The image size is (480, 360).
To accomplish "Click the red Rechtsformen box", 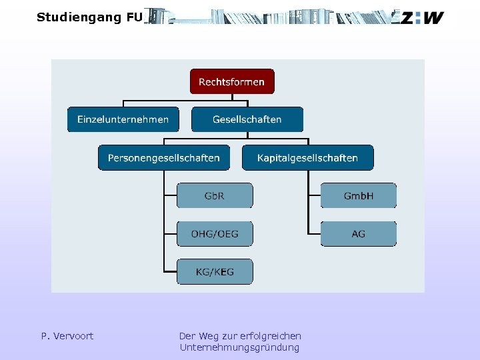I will pos(232,82).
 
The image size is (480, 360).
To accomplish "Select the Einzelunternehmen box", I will pos(123,120).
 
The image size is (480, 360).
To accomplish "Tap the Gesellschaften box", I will pos(247,120).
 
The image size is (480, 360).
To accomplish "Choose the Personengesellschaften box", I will pos(164,158).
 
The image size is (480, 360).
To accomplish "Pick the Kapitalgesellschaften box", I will pos(307,158).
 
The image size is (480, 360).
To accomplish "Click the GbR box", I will pos(215,196).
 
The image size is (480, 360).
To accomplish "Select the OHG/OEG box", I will pos(215,234).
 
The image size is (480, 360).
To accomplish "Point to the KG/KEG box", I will pos(215,272).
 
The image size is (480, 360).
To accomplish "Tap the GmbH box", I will pos(359,196).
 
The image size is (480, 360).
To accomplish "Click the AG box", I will pos(359,234).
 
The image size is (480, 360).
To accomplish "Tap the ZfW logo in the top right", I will pos(421,18).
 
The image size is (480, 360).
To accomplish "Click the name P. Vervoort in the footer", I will pos(67,336).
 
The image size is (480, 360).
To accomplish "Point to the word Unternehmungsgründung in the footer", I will pos(239,347).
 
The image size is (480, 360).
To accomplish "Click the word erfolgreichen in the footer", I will pos(272,336).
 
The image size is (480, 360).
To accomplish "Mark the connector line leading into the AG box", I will pos(314,234).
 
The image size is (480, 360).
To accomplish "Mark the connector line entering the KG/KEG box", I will pos(170,272).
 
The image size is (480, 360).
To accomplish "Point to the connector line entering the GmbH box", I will pos(314,196).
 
